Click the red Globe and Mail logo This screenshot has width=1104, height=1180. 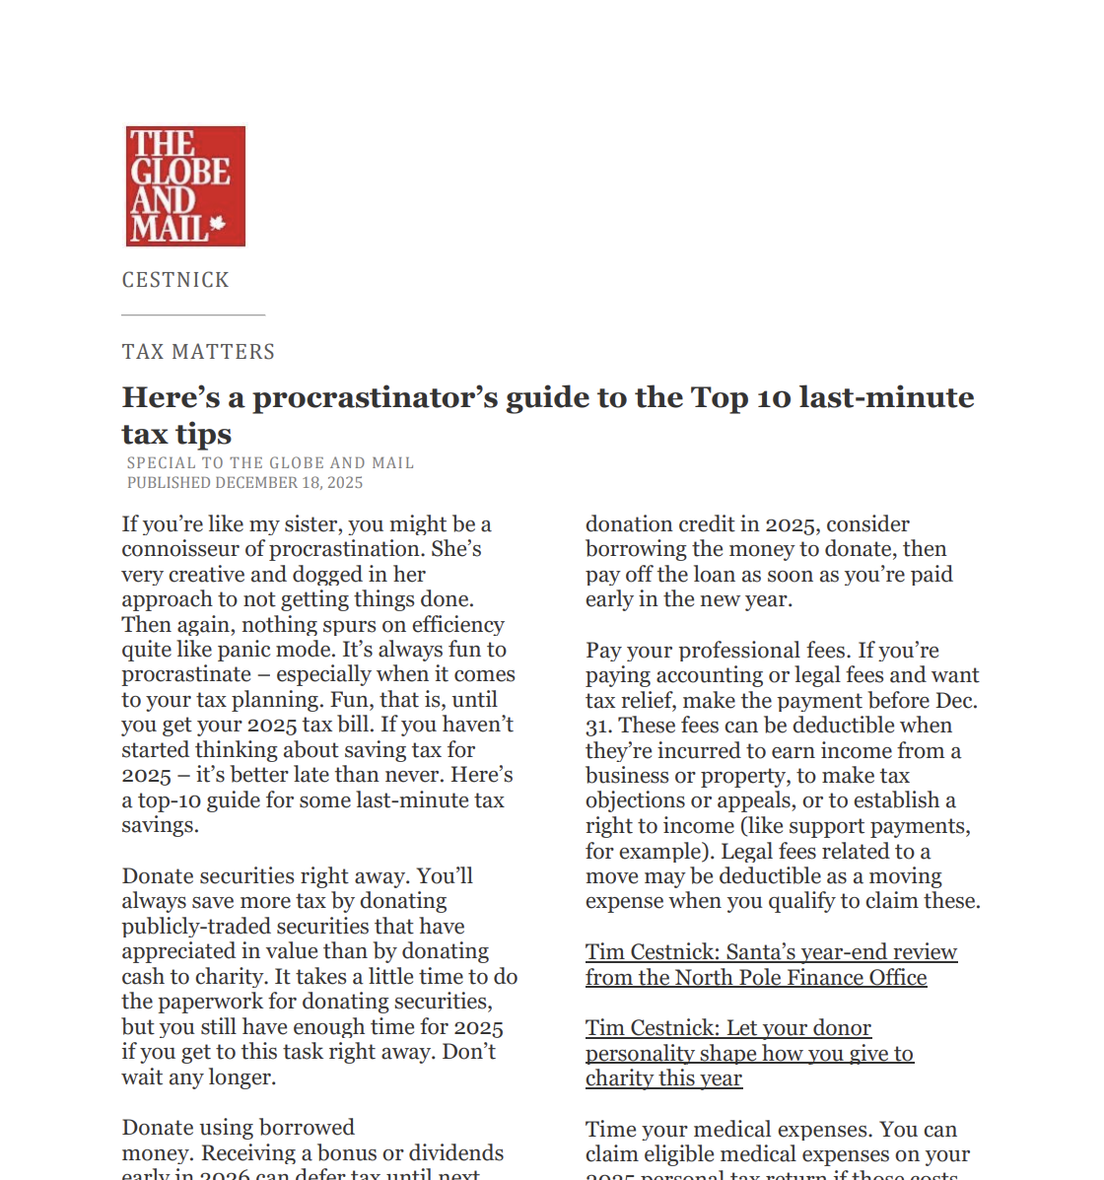(185, 185)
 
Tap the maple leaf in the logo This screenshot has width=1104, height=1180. (218, 225)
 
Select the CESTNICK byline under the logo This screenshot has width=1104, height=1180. (175, 280)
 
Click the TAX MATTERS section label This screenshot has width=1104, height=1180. (198, 352)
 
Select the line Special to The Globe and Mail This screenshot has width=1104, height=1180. (270, 462)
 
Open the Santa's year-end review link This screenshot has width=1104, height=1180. (771, 952)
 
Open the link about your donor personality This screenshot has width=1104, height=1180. (749, 1053)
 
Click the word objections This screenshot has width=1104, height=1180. (636, 800)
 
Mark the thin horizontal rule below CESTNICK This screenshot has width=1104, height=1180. (193, 314)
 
